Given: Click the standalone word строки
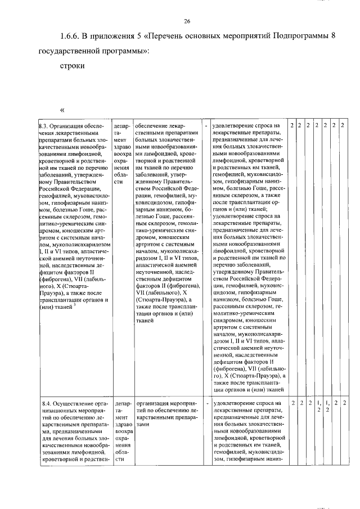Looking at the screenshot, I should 72,66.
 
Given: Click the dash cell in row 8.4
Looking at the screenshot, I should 206,403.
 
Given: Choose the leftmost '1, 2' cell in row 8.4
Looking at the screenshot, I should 318,406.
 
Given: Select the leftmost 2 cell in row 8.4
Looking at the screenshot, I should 292,403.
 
